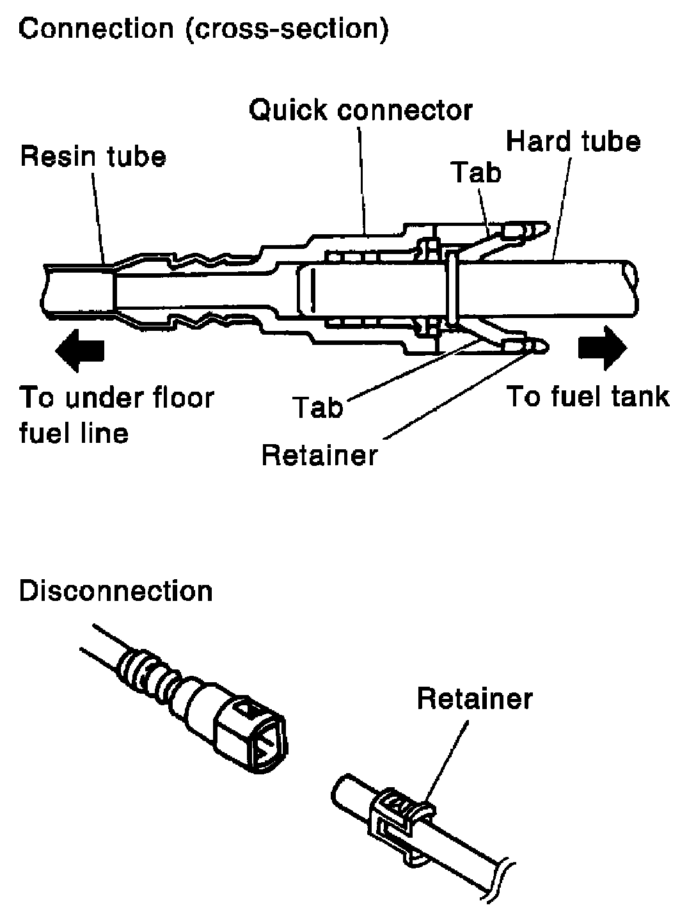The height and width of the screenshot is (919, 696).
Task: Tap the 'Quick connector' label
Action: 361,111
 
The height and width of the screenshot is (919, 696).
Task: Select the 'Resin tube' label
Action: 93,157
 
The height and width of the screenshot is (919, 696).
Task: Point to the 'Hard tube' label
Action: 573,141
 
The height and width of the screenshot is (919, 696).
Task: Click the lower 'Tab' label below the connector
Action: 319,408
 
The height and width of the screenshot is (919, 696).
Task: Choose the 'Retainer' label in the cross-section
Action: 320,455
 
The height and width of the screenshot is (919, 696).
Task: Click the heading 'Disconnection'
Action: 116,591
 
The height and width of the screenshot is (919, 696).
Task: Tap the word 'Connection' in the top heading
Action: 97,29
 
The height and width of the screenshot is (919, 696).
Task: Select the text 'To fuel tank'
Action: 588,397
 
